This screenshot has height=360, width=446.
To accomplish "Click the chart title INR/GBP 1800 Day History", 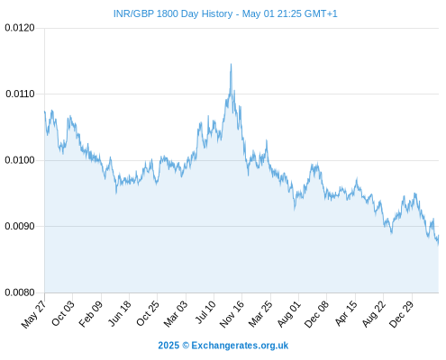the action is (173, 13).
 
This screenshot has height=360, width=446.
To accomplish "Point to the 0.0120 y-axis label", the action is (20, 28).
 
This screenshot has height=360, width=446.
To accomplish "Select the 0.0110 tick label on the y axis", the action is (20, 94).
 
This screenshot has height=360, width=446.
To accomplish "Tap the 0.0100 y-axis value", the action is (20, 160).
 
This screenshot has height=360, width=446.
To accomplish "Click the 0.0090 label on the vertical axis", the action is (20, 226).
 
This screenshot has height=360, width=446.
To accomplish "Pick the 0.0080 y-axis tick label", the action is (20, 292).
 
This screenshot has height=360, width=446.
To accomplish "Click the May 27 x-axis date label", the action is (34, 314).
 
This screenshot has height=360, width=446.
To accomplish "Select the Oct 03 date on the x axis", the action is (63, 313).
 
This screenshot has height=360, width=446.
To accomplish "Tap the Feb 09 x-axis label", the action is (91, 314).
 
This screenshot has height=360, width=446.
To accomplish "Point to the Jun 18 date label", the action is (120, 313).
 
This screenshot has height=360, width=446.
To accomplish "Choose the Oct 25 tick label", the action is (148, 313).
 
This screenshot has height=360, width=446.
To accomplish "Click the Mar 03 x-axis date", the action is (176, 314).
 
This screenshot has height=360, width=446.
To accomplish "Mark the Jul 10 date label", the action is (205, 312).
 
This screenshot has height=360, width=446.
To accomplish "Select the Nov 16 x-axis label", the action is (232, 314).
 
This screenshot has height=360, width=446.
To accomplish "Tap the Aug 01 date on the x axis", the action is (289, 314).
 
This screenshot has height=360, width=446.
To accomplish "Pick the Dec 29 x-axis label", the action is (402, 314).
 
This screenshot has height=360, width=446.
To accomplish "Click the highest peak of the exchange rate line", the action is (231, 64).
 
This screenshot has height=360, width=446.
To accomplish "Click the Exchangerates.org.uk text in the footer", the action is (240, 346).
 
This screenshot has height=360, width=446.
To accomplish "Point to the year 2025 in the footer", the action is (168, 346).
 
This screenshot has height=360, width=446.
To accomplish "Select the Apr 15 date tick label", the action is (346, 313).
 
